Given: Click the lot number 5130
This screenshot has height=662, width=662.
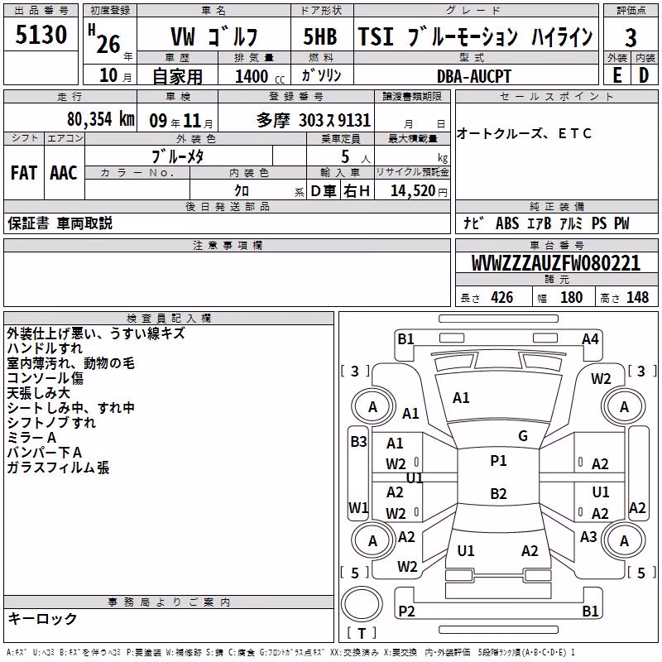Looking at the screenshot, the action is coord(41,35).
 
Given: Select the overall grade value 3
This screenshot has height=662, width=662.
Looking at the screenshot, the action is coord(631,38).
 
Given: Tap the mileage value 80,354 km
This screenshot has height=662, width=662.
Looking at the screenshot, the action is coord(100,119).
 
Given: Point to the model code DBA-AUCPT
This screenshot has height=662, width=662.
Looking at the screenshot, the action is coord(473,76).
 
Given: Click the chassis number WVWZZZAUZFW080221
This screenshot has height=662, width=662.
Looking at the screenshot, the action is coord(555,263).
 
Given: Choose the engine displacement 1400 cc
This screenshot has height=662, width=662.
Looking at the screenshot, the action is coord(260,76).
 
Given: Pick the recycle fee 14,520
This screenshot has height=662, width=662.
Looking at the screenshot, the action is coord(412,191).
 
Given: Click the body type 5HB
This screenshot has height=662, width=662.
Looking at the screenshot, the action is coord(320,36).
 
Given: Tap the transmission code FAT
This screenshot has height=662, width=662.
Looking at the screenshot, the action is coord(24,173).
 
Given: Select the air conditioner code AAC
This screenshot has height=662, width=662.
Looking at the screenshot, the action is coord(64,173).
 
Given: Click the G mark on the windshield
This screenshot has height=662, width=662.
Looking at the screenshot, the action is coord(523,436).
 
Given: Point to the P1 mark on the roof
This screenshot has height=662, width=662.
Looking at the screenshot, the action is coord(498,461).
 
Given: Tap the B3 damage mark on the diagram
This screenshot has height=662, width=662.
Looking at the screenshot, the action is coord(358,442).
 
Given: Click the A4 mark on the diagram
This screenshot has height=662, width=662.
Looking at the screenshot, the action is coord(590,339).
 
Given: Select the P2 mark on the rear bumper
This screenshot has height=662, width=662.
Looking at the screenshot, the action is coord(406,611).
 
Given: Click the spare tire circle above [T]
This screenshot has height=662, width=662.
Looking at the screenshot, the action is coord(362,604).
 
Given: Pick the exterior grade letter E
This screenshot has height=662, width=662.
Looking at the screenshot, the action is coord(616,75).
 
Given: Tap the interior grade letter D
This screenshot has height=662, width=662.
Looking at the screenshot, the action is coord(644,75).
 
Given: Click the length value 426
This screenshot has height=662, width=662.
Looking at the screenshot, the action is coord(502,297).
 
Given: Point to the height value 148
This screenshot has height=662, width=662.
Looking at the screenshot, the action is coord(637,297).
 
